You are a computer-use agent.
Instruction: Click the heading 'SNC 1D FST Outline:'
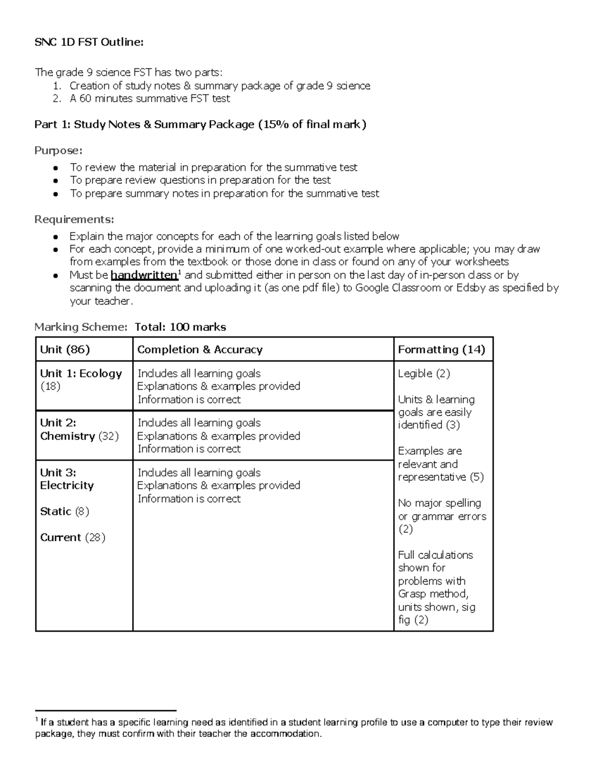[89, 42]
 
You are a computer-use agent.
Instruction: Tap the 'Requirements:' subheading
[74, 219]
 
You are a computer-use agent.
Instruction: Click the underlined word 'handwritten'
[144, 275]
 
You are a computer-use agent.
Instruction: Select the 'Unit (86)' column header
[65, 349]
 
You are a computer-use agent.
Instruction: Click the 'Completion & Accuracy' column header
[199, 349]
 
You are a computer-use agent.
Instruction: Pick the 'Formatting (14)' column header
[441, 349]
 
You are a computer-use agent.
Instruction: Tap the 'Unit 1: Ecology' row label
[81, 373]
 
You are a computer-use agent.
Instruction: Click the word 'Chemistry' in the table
[67, 436]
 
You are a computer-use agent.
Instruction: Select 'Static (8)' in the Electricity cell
[64, 511]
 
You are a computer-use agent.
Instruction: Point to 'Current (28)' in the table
[72, 537]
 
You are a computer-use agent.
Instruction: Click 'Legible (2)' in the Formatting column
[424, 373]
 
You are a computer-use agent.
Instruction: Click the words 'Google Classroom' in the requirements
[396, 288]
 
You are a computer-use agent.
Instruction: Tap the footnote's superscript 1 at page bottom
[36, 720]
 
